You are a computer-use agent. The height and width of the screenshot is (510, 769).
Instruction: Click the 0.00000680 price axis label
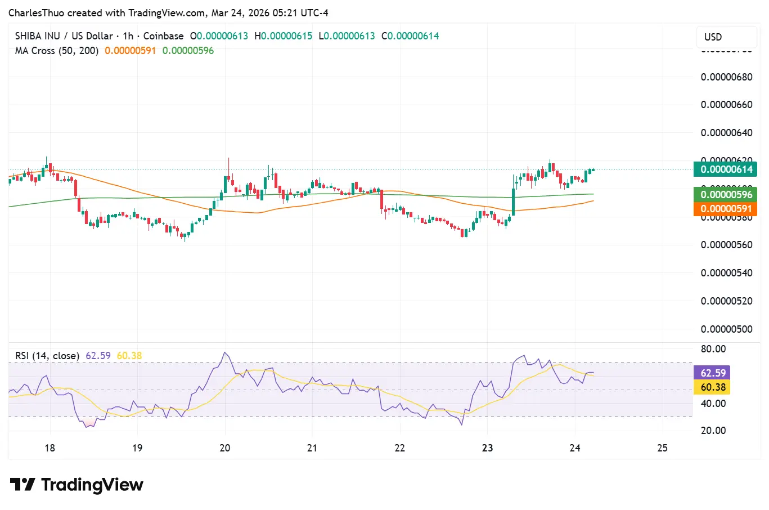pos(726,77)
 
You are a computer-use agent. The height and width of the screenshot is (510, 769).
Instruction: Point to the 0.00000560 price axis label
pos(726,245)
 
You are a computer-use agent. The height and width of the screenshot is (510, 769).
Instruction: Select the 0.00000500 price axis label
pos(726,329)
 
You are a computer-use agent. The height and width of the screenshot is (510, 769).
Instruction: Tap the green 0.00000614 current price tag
pos(725,169)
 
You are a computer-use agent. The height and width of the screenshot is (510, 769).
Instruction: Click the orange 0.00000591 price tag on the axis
pos(725,209)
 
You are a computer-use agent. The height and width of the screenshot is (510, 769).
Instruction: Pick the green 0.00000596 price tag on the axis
pos(725,195)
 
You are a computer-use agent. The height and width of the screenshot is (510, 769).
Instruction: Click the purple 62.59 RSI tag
pos(713,373)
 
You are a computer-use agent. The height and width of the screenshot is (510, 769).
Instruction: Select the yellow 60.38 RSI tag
pos(713,387)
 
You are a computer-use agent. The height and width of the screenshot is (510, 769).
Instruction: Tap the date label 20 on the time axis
pos(225,448)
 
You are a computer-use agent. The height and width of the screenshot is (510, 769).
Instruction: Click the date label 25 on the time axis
pos(662,448)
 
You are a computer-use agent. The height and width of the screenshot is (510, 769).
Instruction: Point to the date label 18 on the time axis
pos(50,448)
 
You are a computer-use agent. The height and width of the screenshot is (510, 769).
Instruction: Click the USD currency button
pos(713,37)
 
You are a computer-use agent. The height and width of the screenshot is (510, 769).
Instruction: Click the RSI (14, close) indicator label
pos(47,356)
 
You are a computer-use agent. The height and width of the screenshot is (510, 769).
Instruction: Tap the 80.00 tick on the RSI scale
pos(713,349)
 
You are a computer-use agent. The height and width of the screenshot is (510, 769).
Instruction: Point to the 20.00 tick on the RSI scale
pos(713,431)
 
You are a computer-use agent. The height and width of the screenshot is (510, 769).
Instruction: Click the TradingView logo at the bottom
pos(77,485)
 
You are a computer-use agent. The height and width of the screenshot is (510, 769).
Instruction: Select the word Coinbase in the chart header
pos(163,36)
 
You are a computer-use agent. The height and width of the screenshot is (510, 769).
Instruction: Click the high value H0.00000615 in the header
pos(283,36)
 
